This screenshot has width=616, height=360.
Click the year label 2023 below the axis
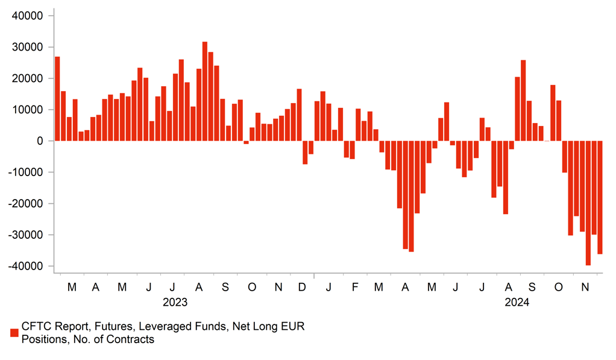pyautogui.click(x=175, y=302)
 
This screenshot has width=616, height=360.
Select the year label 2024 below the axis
pyautogui.click(x=517, y=302)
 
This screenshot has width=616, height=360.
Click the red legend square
pyautogui.click(x=14, y=333)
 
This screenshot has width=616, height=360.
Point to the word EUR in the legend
pyautogui.click(x=294, y=327)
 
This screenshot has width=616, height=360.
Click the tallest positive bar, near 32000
pyautogui.click(x=205, y=91)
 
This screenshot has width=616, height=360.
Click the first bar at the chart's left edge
pyautogui.click(x=57, y=99)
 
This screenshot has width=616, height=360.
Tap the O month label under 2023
pyautogui.click(x=252, y=287)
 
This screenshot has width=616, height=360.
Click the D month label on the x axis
pyautogui.click(x=301, y=287)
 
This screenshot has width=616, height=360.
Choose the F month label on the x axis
pyautogui.click(x=355, y=287)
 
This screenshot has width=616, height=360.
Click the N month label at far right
pyautogui.click(x=584, y=287)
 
